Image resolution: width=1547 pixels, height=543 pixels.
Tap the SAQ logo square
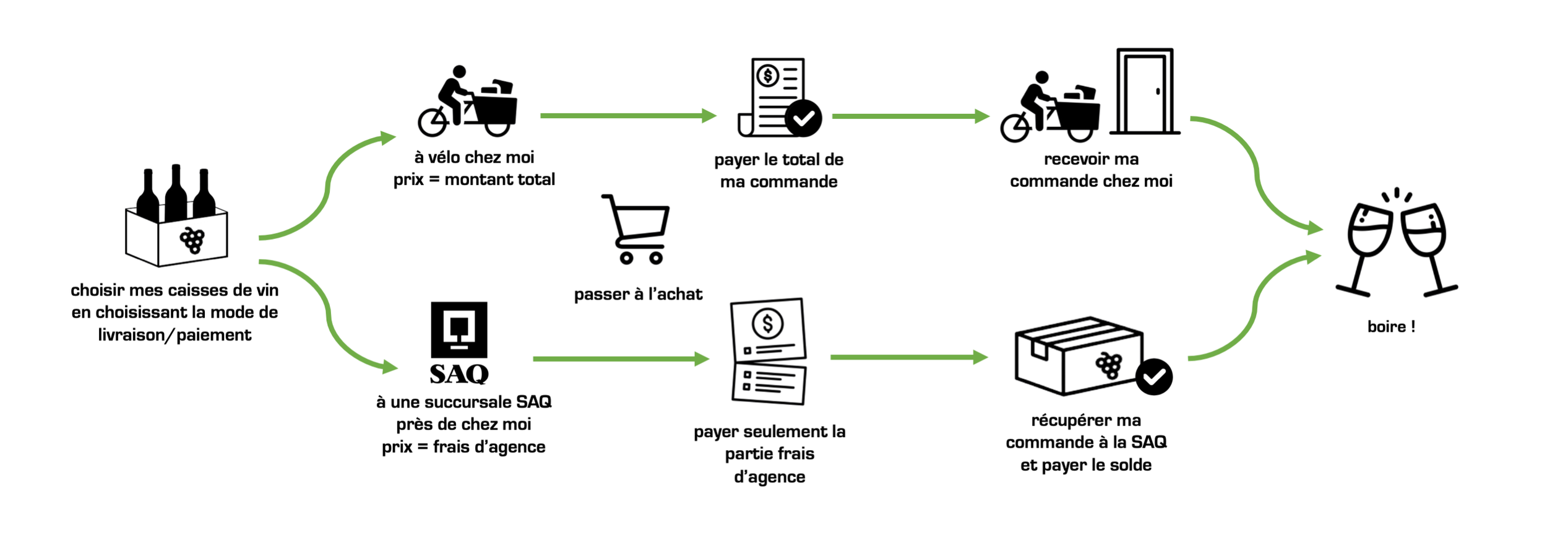459,329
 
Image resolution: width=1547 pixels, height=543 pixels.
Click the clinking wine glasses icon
1397,245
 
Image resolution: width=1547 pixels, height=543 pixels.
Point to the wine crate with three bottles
176,220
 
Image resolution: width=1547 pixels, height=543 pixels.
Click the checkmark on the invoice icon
803,118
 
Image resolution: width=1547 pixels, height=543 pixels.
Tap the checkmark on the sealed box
1153,376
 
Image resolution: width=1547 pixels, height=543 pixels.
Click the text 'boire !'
1391,327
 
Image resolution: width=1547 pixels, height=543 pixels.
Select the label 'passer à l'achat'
638,294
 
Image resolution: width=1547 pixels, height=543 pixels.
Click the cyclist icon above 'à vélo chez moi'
467,102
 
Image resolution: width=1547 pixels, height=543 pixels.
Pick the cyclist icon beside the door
1050,108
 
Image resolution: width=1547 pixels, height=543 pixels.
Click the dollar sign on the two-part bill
767,323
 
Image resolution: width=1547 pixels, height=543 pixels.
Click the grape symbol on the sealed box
1108,365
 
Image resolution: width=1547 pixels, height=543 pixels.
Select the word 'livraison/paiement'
175,335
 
